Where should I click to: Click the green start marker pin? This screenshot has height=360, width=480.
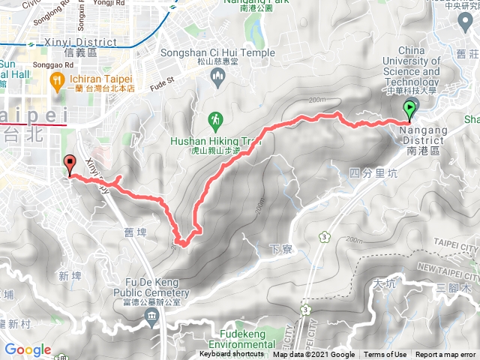409,110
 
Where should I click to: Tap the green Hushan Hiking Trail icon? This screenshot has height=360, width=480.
215,119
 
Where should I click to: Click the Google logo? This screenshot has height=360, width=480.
28,350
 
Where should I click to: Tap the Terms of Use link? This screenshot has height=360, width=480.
385,355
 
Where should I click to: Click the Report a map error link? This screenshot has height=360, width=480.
445,355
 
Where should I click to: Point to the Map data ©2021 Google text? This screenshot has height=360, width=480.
313,355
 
